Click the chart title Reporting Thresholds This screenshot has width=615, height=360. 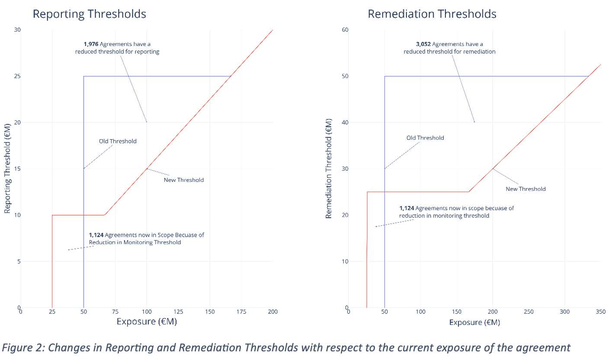click(x=90, y=14)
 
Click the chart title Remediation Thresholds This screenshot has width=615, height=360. click(x=432, y=14)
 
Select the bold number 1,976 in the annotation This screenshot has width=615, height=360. click(x=92, y=44)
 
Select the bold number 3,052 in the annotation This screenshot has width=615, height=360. click(x=423, y=44)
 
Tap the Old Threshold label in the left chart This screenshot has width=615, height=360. click(x=118, y=141)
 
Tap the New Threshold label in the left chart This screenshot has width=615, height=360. click(x=183, y=180)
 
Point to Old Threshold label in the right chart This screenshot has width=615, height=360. click(x=425, y=138)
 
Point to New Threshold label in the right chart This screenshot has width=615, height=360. click(x=525, y=189)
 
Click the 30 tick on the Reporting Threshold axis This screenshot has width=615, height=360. click(x=17, y=30)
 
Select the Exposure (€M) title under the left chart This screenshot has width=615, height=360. click(x=147, y=322)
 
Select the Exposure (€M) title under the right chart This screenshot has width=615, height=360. click(x=474, y=322)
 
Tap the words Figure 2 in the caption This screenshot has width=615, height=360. click(x=21, y=347)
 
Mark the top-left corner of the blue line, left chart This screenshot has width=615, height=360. click(x=83, y=76)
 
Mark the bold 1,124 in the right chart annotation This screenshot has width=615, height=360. click(x=407, y=208)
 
